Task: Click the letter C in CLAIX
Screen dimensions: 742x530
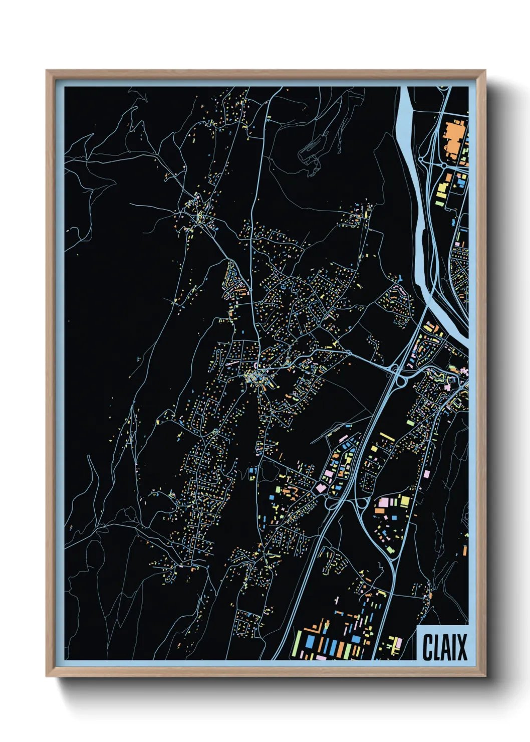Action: point(428,647)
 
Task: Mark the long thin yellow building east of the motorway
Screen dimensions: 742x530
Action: point(387,436)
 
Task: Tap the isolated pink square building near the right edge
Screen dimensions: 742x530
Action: point(427,473)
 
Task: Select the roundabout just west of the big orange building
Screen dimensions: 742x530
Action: point(443,165)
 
